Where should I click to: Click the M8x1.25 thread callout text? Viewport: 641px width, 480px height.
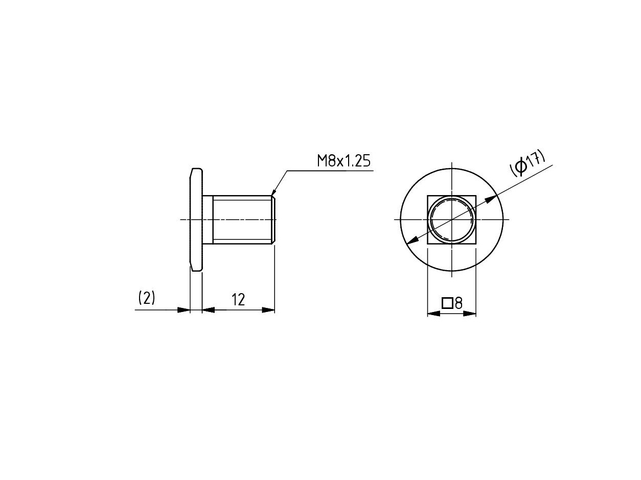pyautogui.click(x=344, y=161)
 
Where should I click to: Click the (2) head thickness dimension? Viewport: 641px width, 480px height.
pyautogui.click(x=147, y=298)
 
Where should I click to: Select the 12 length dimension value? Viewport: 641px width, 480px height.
pyautogui.click(x=238, y=300)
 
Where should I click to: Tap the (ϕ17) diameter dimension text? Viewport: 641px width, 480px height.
pyautogui.click(x=528, y=163)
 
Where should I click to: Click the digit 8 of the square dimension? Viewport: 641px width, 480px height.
pyautogui.click(x=459, y=303)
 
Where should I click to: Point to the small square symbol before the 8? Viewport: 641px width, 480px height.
pyautogui.click(x=447, y=303)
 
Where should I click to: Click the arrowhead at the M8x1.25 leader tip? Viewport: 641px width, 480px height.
pyautogui.click(x=273, y=192)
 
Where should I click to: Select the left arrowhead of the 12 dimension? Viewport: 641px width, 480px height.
pyautogui.click(x=208, y=310)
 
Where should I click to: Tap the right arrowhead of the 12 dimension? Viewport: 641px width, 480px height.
pyautogui.click(x=268, y=310)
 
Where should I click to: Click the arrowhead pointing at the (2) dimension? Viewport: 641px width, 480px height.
pyautogui.click(x=184, y=310)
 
